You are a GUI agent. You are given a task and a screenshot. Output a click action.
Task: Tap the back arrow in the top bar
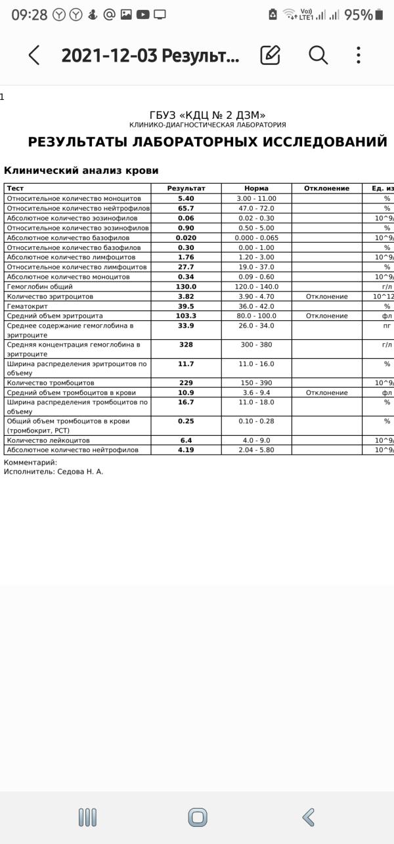click(x=34, y=56)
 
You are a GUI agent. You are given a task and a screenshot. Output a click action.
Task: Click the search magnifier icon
click(x=318, y=56)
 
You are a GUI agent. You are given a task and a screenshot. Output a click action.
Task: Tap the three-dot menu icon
click(x=358, y=56)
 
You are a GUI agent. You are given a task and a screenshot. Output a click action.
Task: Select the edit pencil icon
click(x=270, y=56)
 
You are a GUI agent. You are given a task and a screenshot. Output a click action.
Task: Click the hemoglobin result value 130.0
click(x=186, y=287)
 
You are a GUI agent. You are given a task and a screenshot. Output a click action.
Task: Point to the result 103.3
click(x=186, y=316)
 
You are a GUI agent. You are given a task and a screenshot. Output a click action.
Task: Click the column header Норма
click(x=256, y=188)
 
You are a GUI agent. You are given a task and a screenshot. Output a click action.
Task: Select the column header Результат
click(x=186, y=188)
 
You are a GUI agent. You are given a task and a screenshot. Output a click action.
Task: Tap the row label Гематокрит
click(x=27, y=306)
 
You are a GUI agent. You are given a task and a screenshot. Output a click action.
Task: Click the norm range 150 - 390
click(x=256, y=383)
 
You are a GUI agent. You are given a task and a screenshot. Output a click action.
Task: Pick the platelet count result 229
click(x=186, y=383)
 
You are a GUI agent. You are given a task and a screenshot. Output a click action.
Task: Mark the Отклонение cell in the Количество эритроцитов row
click(x=326, y=297)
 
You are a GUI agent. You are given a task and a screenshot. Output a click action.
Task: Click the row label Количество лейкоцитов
click(x=48, y=440)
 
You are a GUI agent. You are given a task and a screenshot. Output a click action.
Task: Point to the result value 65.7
click(x=186, y=208)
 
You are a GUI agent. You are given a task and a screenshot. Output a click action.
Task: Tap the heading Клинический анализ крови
click(x=81, y=171)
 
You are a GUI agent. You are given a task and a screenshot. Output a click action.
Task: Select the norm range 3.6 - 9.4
click(x=256, y=392)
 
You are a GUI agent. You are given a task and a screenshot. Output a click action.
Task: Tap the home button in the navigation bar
click(x=197, y=817)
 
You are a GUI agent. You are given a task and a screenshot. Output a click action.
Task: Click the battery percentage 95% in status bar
click(x=358, y=14)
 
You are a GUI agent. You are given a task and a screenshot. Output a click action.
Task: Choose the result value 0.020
click(x=186, y=238)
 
